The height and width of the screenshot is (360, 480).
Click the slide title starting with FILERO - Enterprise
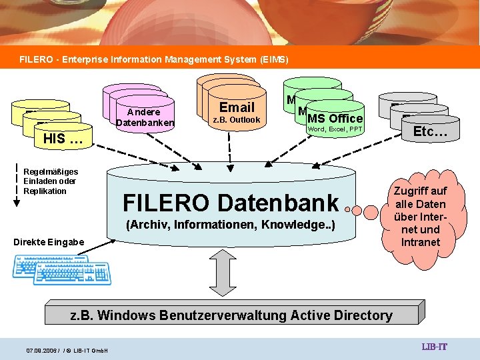(154, 59)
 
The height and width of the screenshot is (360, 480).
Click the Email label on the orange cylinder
(237, 107)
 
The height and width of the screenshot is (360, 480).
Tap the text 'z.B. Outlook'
(236, 120)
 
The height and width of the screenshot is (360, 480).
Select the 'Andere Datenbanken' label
(145, 117)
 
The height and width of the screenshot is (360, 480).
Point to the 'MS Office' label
(335, 118)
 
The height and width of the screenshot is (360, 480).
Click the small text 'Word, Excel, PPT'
(335, 129)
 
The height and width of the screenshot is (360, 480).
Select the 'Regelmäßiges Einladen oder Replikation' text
(50, 181)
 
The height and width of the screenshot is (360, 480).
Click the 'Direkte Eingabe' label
(49, 241)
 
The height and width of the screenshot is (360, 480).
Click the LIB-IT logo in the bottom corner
(434, 347)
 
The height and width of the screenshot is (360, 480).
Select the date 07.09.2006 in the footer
(41, 350)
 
